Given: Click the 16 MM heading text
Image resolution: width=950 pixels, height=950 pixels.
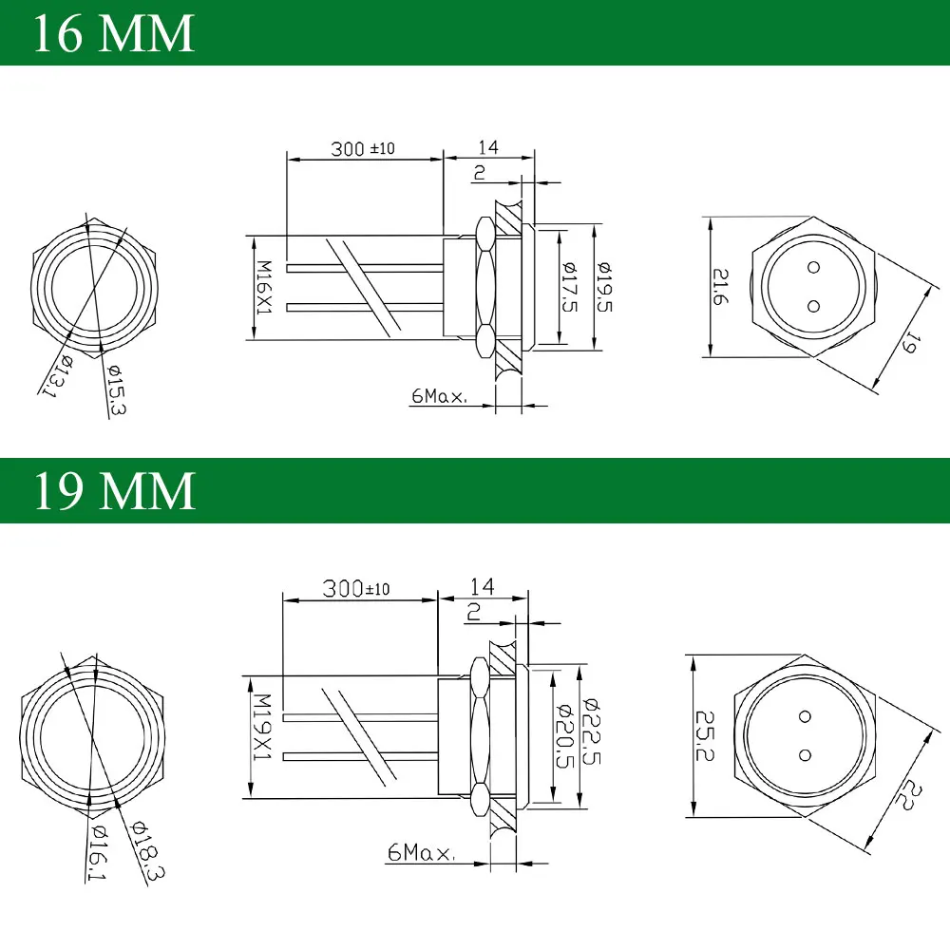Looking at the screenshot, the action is click(113, 34).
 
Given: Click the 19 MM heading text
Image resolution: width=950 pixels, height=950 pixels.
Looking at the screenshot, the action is click(114, 490).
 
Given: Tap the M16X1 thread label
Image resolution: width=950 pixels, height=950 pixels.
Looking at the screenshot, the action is click(264, 287).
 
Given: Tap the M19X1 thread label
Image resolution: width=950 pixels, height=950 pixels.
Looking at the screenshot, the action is click(262, 727).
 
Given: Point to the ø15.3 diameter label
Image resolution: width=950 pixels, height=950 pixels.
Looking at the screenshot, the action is click(115, 389).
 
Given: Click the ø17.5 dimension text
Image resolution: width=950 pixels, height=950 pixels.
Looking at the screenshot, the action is click(569, 287).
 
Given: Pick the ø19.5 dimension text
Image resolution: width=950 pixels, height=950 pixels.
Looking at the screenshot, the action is click(604, 287).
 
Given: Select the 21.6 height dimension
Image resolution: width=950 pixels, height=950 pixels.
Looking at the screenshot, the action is click(720, 286).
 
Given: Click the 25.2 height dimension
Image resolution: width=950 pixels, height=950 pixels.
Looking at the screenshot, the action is click(704, 735).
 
